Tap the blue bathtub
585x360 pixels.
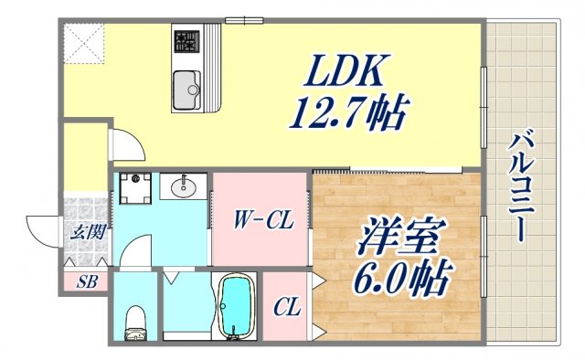coord(237,307)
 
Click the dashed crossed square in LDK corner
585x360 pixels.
coord(84,43)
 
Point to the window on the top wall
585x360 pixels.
coord(239,20)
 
